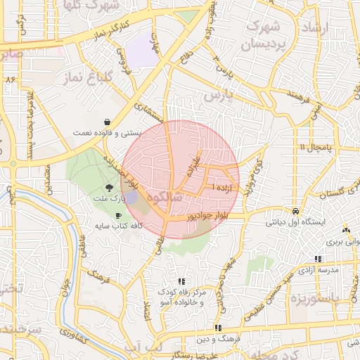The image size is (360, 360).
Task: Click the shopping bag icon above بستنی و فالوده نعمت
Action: coord(106,121)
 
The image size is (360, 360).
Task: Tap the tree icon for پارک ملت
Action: coord(109,187)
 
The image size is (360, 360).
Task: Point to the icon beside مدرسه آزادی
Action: coord(318,259)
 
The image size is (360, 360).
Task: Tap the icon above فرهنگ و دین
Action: coord(218,328)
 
